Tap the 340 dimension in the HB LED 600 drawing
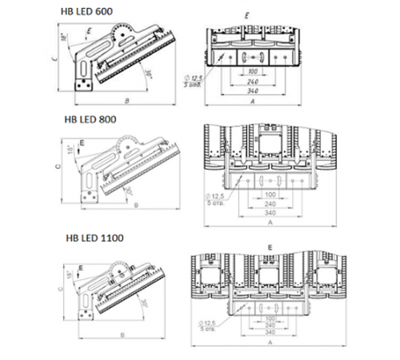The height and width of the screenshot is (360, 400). click(254, 89)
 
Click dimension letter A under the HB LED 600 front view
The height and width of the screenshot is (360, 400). click(254, 104)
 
